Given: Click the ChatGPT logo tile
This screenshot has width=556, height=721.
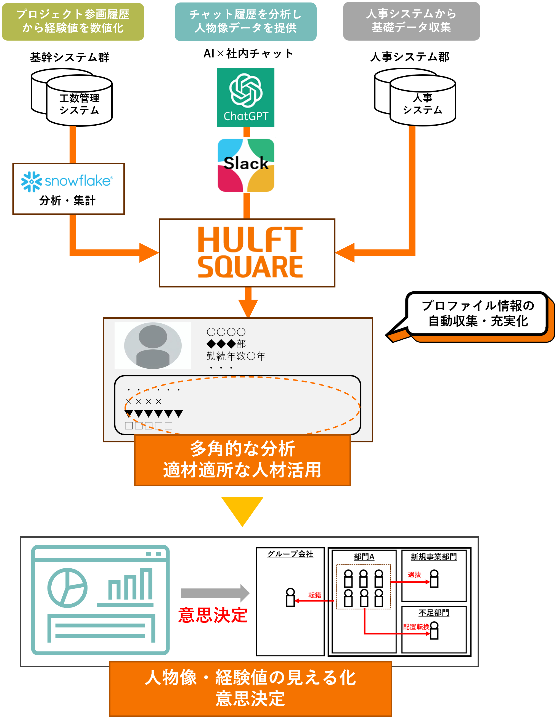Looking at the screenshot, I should coord(245,97).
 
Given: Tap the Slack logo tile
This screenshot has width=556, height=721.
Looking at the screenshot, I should coord(247,165).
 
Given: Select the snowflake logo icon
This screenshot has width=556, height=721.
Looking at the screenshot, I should coord(32,181).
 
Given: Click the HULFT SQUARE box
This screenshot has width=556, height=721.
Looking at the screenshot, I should coord(247,253).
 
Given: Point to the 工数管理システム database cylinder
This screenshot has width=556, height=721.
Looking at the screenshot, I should coord(79,101).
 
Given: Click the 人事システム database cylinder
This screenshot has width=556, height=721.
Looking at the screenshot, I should coord(422,101).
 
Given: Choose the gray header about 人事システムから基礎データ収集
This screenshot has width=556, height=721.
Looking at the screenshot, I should coord(411,22).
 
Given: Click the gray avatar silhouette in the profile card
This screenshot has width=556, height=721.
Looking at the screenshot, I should coord(153,346).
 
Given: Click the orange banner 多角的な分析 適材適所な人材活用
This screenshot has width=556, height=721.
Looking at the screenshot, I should coord(242,460).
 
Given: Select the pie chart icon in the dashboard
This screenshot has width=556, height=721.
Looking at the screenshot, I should coord(67,588).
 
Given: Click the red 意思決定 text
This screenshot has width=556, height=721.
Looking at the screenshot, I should coord(213,615).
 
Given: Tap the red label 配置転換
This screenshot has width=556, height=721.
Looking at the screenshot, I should coord(416,627).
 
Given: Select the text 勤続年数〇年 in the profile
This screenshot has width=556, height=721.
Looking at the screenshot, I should coord(236,356).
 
